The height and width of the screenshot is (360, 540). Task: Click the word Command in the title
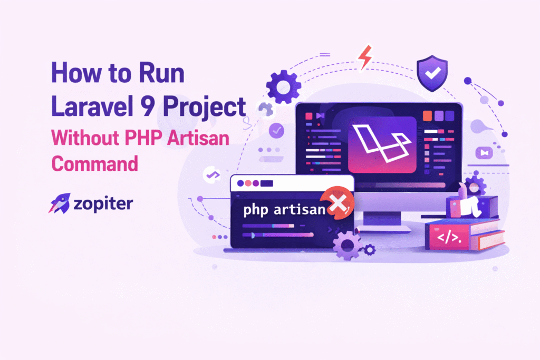[x=94, y=163]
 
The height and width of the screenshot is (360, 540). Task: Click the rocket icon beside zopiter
[x=59, y=203]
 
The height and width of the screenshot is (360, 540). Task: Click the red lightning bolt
[x=364, y=57]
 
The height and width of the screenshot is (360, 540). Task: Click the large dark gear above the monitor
[x=283, y=86]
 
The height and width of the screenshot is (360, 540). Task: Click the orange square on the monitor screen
[x=428, y=115]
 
